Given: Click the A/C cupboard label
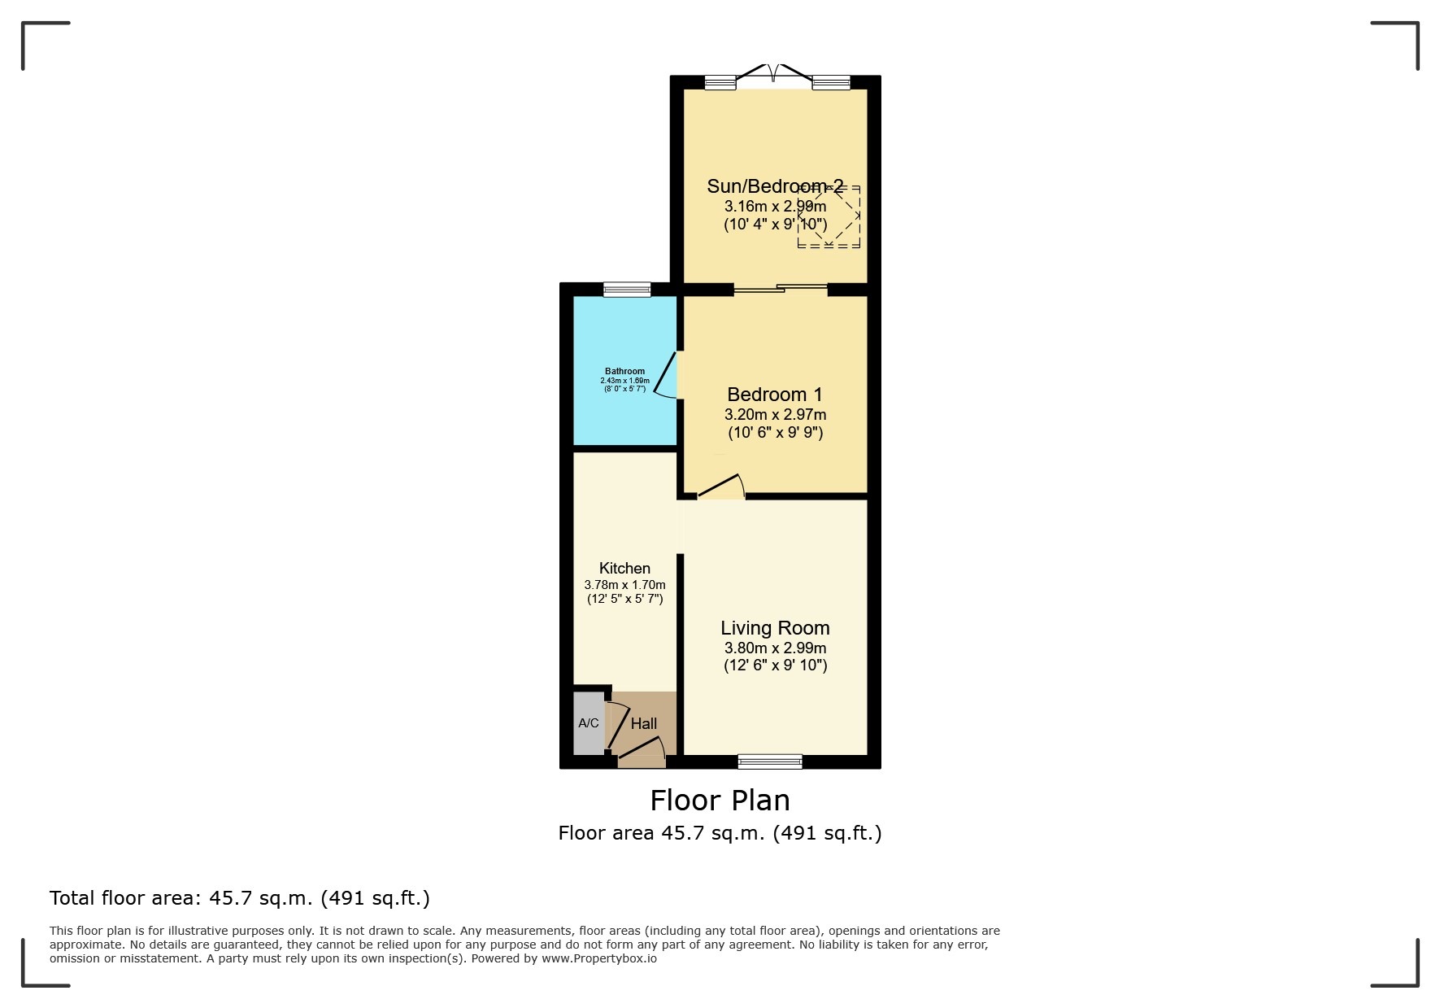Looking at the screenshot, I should [x=588, y=723].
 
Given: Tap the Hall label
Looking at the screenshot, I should [x=644, y=723].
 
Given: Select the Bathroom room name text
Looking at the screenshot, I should [x=624, y=371].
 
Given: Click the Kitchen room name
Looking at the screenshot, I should [x=624, y=568].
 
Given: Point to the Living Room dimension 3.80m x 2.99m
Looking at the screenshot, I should [x=775, y=648].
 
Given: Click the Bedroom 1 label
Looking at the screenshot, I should [x=775, y=395].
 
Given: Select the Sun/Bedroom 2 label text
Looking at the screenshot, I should [x=775, y=186].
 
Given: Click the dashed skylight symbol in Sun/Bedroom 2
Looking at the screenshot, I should [x=829, y=216].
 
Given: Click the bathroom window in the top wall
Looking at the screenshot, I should [x=627, y=289].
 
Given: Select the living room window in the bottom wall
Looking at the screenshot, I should [x=770, y=761].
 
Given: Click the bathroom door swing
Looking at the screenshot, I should [x=667, y=375].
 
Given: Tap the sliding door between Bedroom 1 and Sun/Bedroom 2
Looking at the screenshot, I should [x=781, y=288].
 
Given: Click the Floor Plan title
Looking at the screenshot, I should [x=720, y=801].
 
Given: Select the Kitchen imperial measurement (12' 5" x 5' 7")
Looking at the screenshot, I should [x=624, y=600].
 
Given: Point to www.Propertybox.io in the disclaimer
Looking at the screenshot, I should [x=599, y=958].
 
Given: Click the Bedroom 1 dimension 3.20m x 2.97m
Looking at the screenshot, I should [x=775, y=415].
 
